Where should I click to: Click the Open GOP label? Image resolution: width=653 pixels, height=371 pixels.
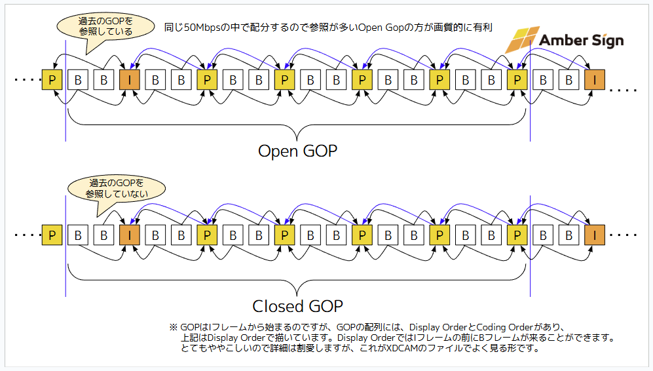tap(297, 151)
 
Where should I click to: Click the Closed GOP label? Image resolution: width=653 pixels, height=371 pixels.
tap(297, 306)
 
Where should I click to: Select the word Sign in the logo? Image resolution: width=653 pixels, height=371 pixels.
tap(606, 41)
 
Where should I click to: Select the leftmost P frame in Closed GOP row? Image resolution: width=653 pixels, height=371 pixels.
tap(52, 235)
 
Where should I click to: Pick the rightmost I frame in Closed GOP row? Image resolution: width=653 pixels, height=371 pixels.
tap(594, 235)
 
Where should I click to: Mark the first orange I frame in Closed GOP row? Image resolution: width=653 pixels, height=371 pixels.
tap(129, 235)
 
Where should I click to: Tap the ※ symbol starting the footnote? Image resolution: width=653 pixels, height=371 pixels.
tap(174, 327)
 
